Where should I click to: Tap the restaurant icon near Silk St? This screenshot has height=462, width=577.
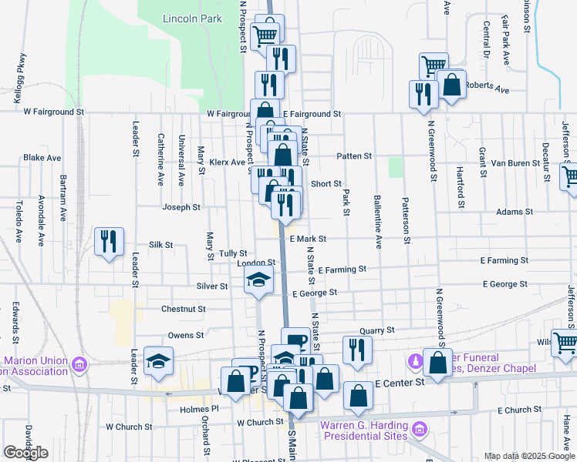click(108, 241)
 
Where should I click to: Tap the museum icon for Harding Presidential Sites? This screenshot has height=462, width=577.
click(420, 428)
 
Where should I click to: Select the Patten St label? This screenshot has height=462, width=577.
click(354, 156)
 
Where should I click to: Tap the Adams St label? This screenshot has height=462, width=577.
click(515, 212)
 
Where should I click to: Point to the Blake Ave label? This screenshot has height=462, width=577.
click(42, 157)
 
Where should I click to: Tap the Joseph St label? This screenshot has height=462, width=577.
click(181, 207)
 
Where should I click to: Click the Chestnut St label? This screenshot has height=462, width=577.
click(183, 309)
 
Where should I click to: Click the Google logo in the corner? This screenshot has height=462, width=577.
click(25, 453)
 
